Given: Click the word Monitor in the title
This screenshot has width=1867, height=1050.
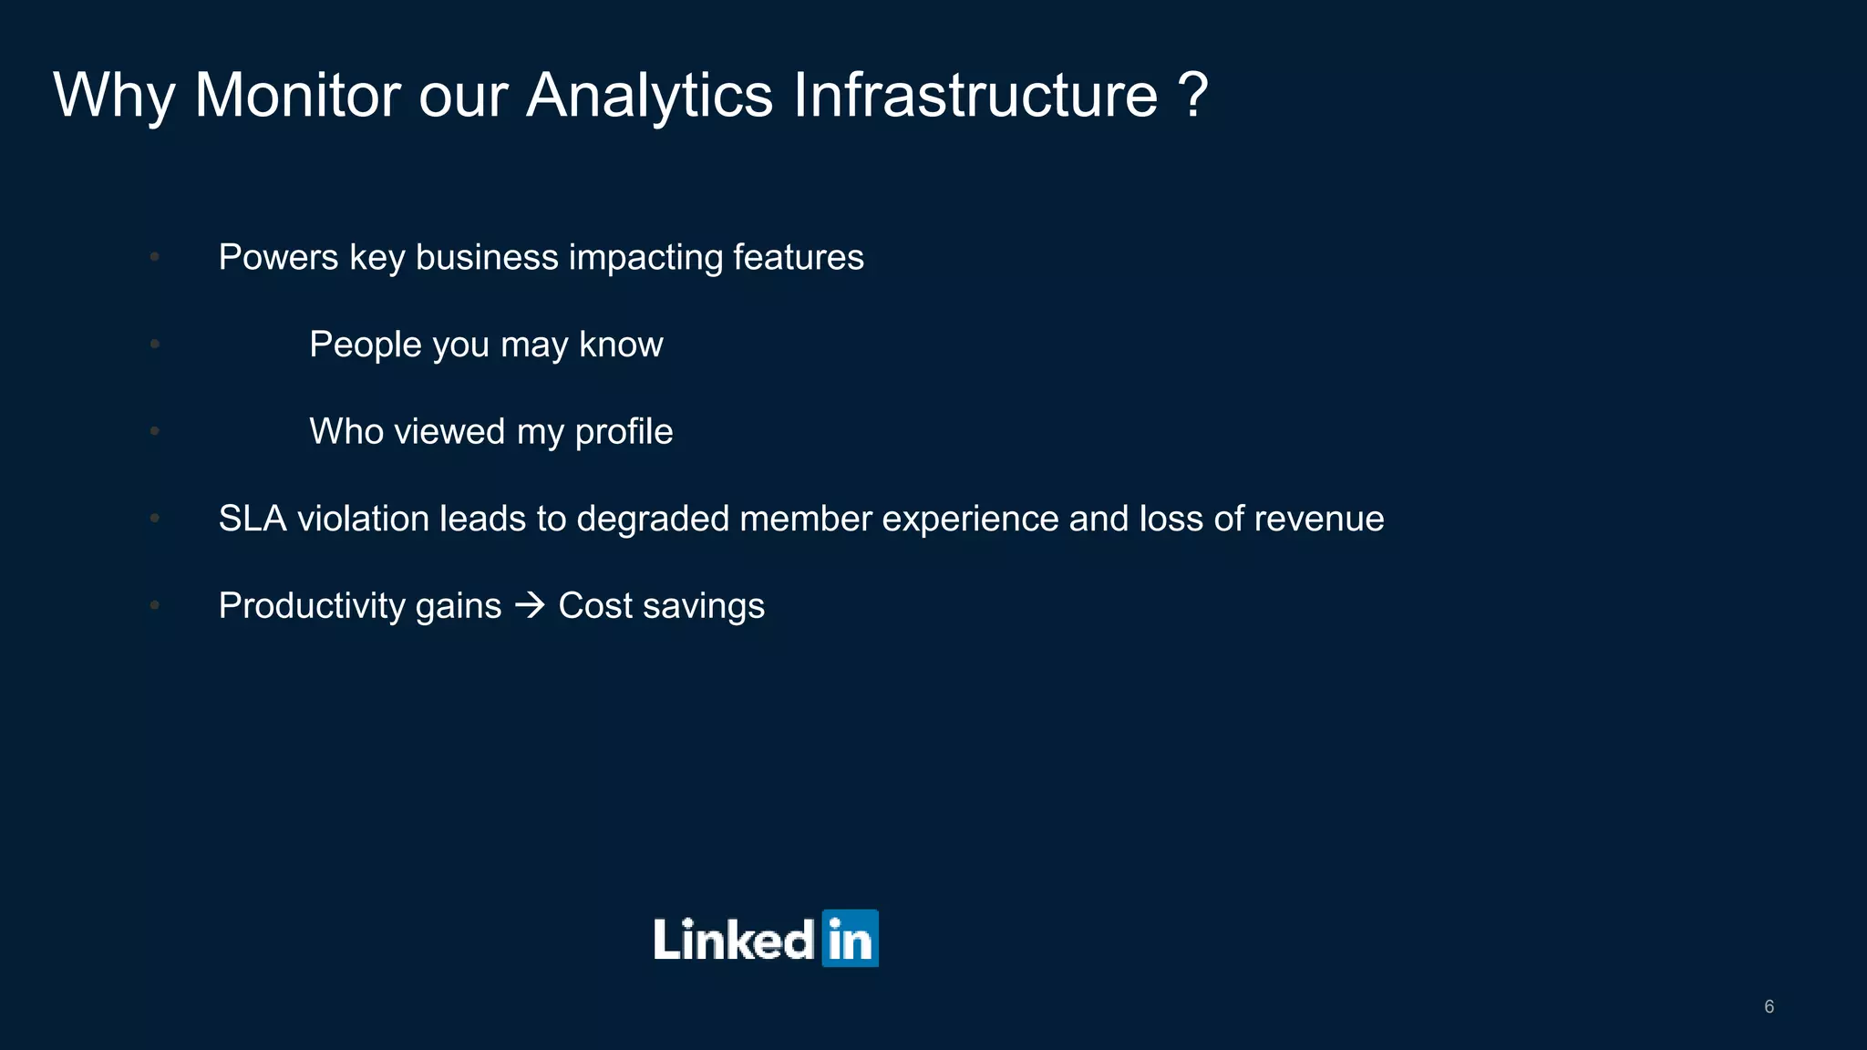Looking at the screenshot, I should [297, 95].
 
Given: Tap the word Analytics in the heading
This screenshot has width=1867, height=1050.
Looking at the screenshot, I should [649, 97].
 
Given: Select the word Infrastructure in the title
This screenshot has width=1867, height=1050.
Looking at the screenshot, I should [975, 95].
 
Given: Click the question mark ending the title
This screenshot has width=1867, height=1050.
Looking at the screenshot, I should [1192, 95].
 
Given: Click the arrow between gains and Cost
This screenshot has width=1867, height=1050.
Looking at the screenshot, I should [530, 605].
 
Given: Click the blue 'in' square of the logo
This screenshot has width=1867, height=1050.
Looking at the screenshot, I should [850, 938].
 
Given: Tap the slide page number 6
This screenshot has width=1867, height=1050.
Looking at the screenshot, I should [1769, 1006].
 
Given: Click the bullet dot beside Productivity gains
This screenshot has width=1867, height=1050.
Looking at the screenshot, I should [155, 605].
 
